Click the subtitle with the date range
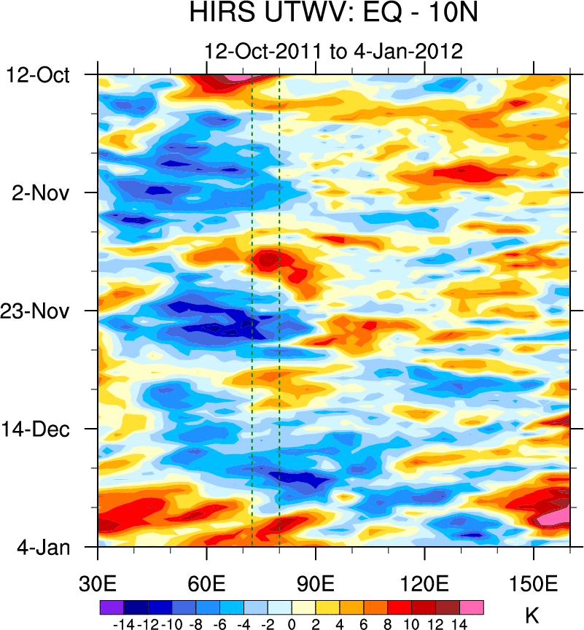(x=334, y=52)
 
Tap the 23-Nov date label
(x=41, y=311)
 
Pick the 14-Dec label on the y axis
(x=41, y=429)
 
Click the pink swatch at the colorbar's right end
(x=472, y=606)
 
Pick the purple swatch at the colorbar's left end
(x=112, y=606)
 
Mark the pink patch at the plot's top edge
(x=235, y=77)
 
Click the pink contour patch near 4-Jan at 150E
(x=558, y=518)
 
